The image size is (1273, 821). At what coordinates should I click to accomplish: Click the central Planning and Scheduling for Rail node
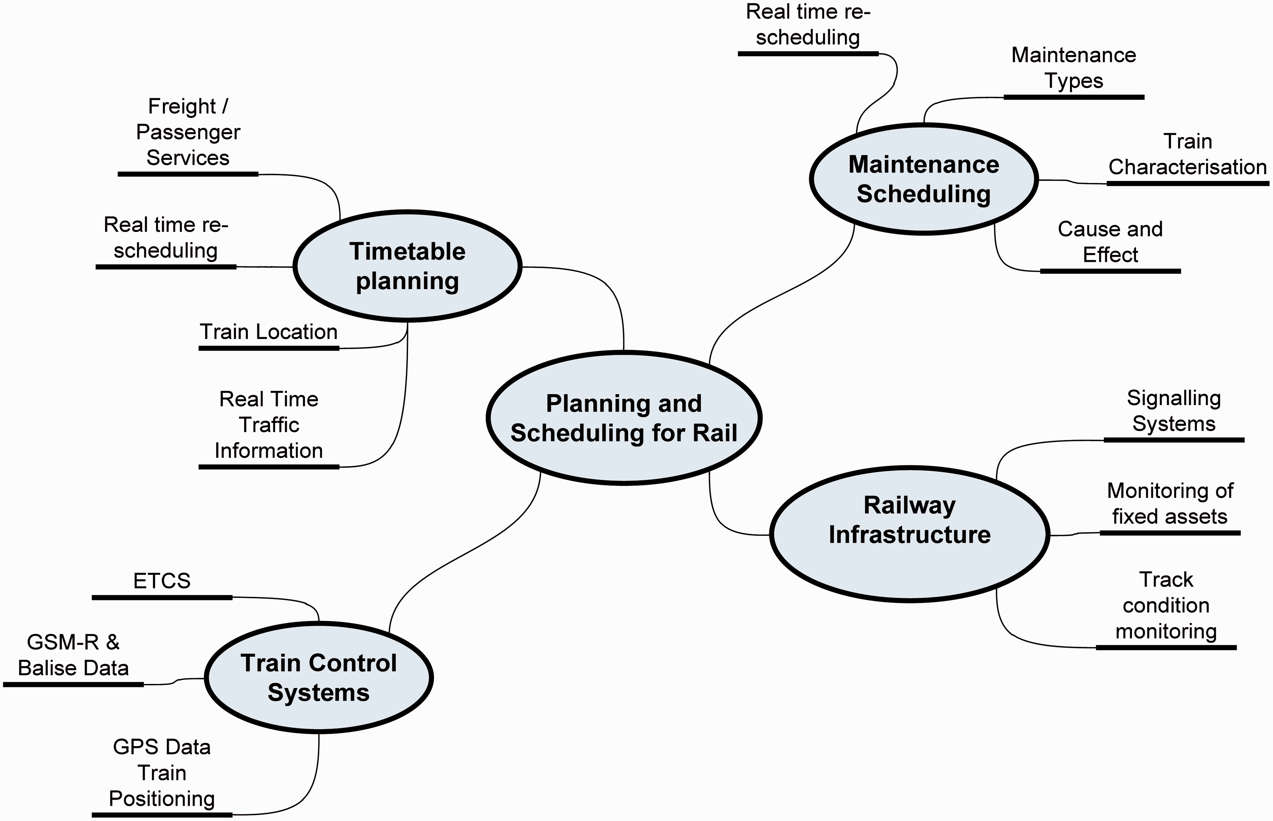coord(624,418)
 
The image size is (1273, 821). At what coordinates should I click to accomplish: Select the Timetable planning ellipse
coord(408,266)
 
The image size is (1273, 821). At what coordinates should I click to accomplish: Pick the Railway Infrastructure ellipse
coord(910,534)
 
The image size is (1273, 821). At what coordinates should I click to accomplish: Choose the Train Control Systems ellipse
coord(319,678)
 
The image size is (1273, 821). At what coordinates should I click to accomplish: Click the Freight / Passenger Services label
coord(188,132)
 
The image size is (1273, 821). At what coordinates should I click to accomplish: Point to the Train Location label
coord(269,332)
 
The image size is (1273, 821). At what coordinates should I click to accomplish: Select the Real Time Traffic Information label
coord(269,425)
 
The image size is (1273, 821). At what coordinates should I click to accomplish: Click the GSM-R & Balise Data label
coord(74,655)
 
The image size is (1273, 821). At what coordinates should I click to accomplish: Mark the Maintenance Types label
coord(1074,68)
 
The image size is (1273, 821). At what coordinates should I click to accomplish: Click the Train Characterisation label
coord(1188,154)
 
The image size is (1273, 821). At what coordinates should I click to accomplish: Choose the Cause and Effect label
coord(1111,242)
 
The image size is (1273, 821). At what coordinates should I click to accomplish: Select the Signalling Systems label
coord(1174,410)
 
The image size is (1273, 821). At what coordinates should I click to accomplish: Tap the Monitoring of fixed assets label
coord(1170,503)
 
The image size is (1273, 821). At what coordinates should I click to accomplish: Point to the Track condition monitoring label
coord(1166,605)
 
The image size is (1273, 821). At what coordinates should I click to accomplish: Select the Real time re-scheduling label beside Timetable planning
coord(166,237)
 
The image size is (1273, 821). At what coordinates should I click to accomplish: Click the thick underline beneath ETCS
coord(162,597)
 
